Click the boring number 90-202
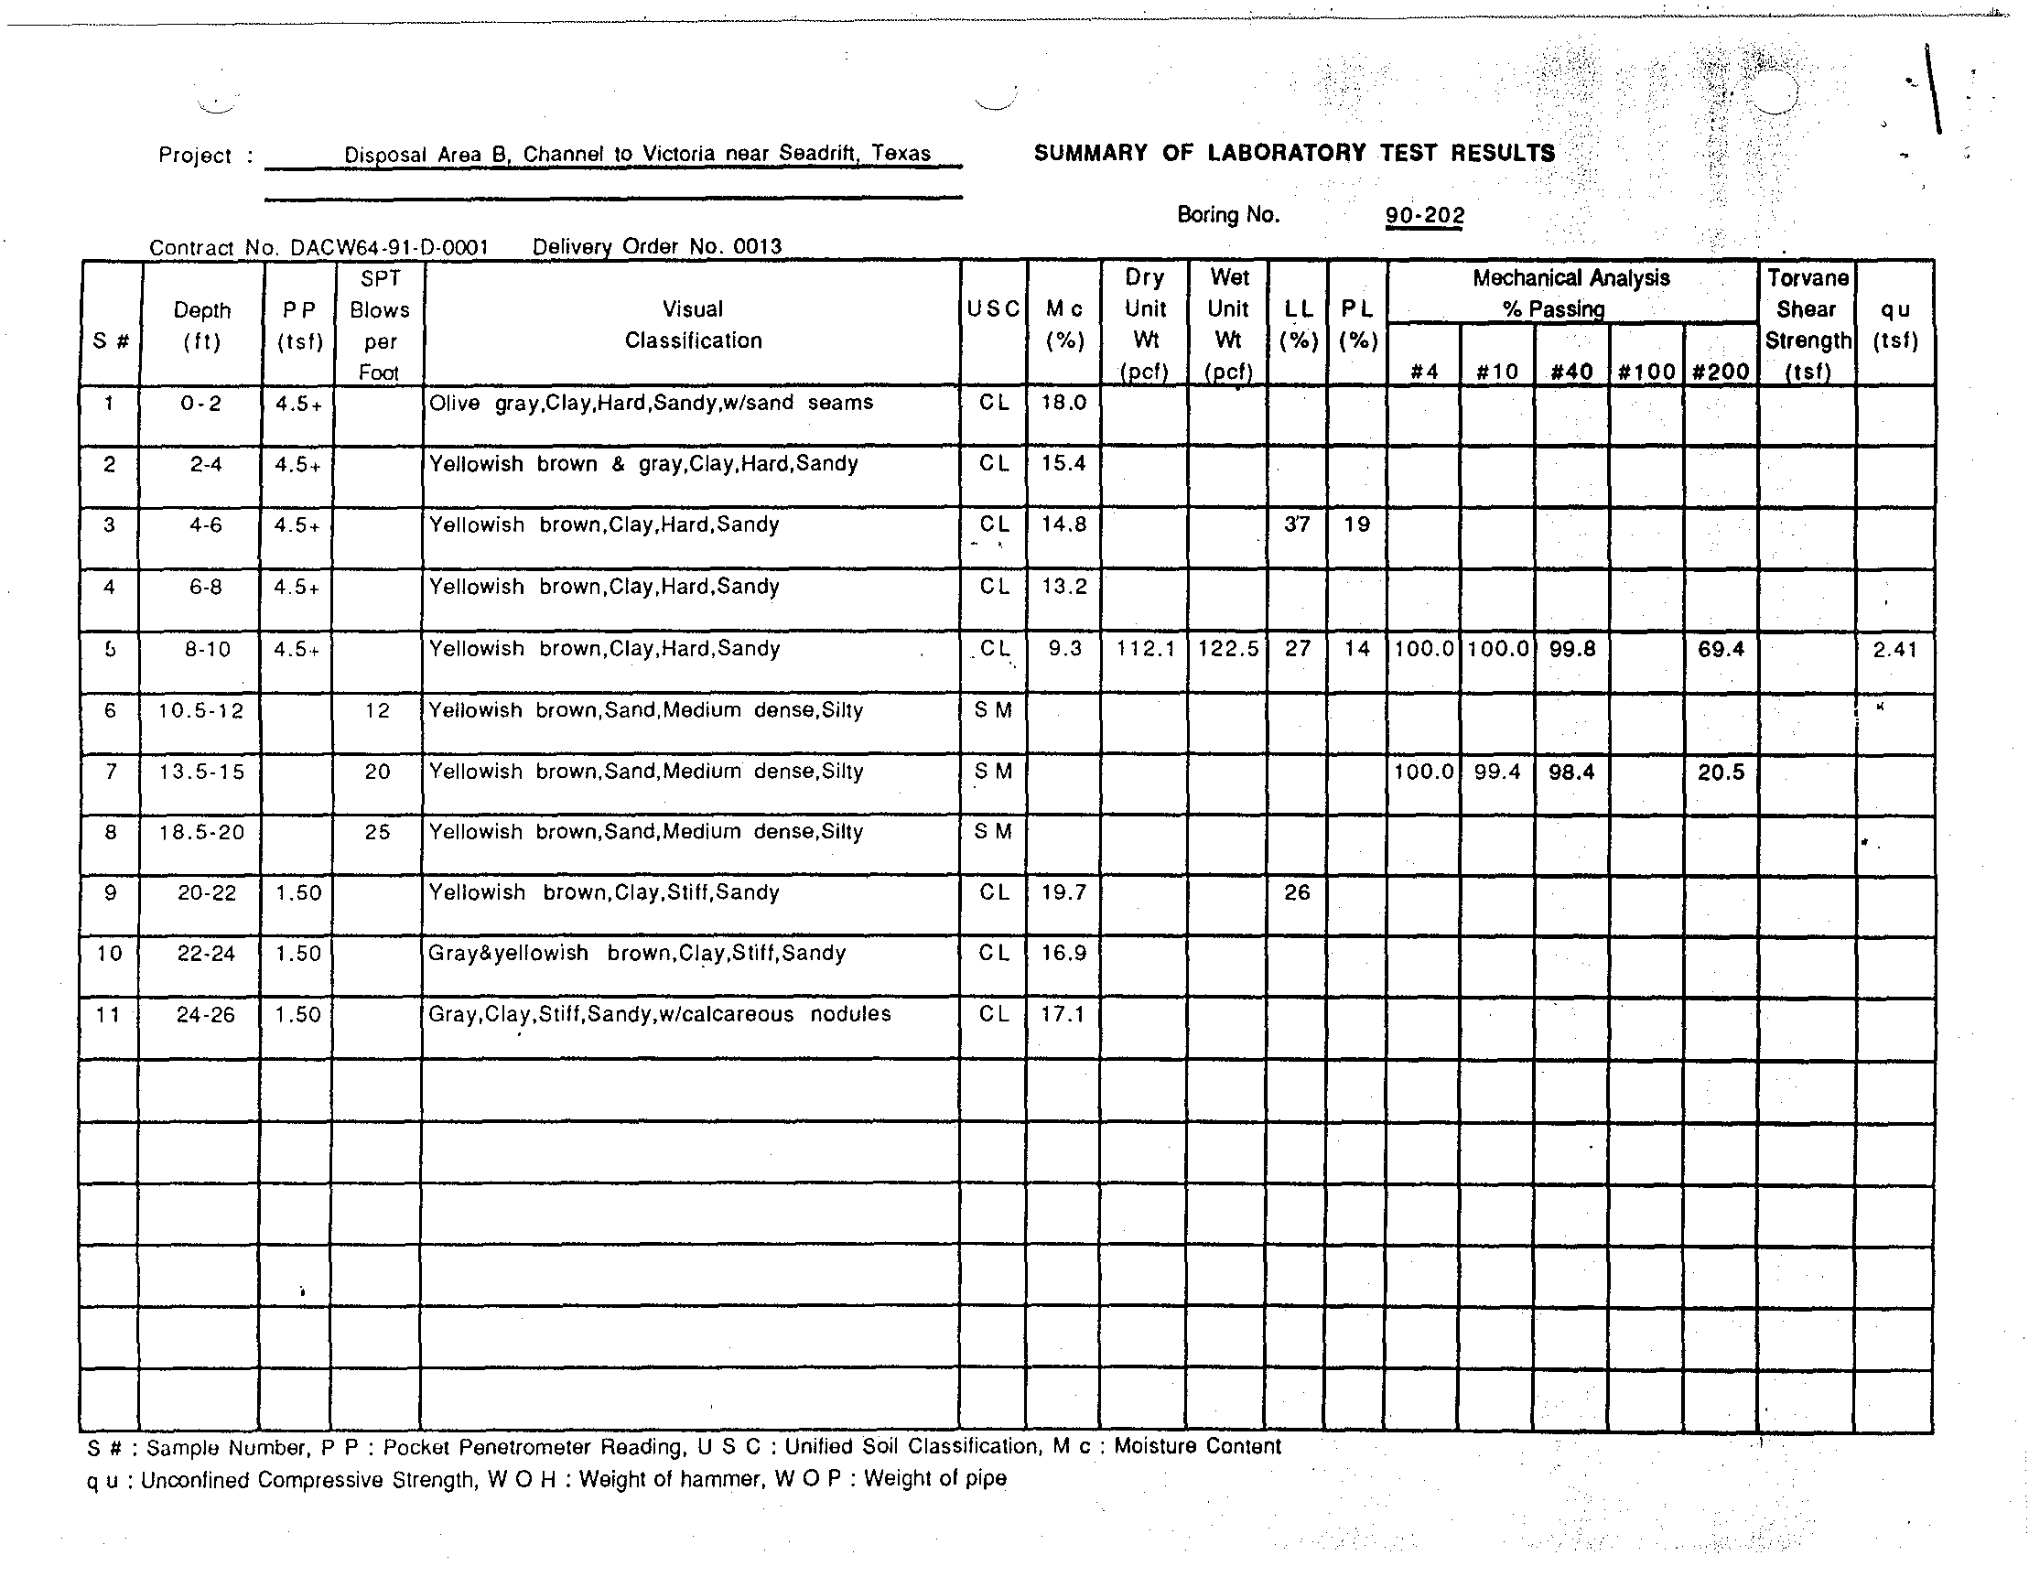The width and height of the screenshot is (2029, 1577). (1424, 216)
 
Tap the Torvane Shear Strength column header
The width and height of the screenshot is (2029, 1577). (1807, 324)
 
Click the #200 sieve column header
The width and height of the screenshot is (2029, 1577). (1721, 372)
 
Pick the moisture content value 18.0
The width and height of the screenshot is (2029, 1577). (1063, 403)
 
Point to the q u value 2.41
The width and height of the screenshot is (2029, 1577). (1895, 649)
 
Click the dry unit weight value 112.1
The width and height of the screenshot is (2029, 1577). (1146, 649)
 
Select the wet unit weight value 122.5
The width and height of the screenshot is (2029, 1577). (1228, 649)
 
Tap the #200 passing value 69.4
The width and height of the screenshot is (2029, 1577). (1721, 649)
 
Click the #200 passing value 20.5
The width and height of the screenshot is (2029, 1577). (1721, 772)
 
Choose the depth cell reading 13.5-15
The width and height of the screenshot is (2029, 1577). (201, 772)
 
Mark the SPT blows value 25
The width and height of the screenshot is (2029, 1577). (377, 832)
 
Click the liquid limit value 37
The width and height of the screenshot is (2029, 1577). (1297, 524)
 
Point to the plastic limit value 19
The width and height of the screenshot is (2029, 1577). (1357, 524)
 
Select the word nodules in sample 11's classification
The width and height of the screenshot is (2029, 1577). (850, 1014)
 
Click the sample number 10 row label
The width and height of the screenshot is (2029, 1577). (110, 954)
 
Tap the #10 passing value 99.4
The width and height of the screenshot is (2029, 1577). (1496, 772)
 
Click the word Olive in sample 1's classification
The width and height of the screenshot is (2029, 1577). (454, 403)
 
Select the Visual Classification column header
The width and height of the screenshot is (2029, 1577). (693, 324)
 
